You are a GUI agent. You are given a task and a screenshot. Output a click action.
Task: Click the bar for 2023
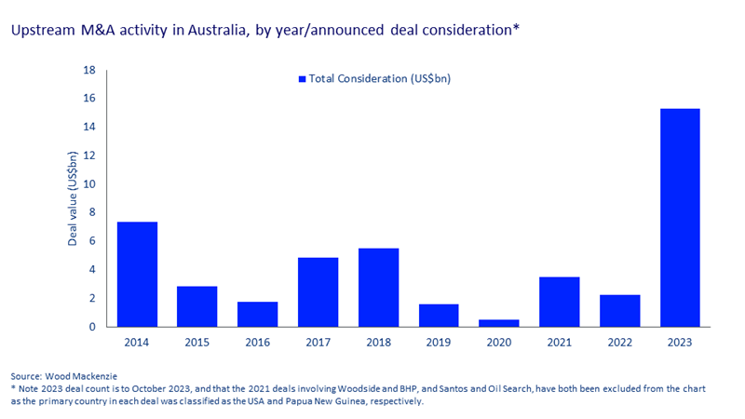click(680, 218)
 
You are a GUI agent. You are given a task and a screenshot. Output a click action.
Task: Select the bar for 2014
click(137, 275)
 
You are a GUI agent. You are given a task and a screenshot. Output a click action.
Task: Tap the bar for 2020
click(499, 323)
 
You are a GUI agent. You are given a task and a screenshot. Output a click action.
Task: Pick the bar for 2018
click(378, 288)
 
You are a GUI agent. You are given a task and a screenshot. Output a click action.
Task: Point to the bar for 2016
click(258, 314)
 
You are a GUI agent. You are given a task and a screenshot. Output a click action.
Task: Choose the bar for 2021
click(560, 302)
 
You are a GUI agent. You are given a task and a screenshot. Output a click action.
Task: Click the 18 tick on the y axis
click(90, 70)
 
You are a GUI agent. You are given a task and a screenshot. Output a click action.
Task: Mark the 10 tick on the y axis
click(90, 184)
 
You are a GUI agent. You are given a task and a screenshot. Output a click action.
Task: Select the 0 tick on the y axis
click(93, 327)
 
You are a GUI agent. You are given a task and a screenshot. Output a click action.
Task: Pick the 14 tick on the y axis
click(90, 127)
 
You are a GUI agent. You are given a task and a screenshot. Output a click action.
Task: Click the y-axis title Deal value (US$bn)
click(72, 198)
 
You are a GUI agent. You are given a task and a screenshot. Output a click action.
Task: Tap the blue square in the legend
click(302, 79)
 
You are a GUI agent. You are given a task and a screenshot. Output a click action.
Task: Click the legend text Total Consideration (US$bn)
click(380, 79)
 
